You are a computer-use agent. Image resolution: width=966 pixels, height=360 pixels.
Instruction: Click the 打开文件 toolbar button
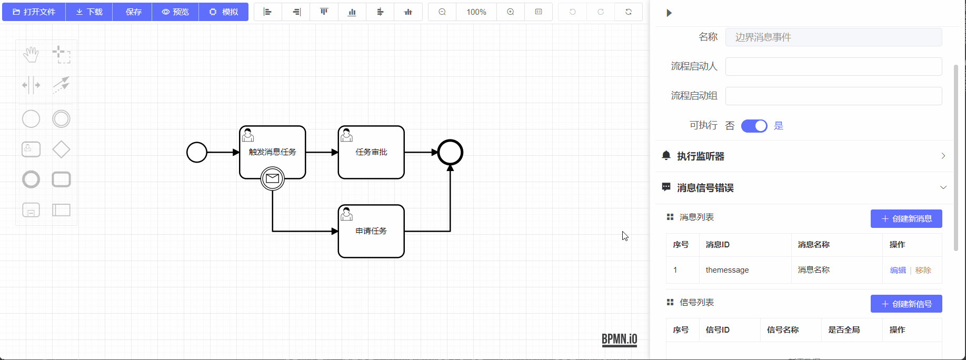[x=34, y=12]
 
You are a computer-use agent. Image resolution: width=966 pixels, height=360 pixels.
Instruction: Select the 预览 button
[x=175, y=12]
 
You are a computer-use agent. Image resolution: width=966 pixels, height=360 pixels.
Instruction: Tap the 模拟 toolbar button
[x=224, y=12]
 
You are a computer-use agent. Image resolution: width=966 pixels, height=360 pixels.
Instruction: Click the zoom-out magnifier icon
[x=442, y=12]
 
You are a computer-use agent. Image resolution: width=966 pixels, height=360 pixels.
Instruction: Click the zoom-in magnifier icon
[x=511, y=12]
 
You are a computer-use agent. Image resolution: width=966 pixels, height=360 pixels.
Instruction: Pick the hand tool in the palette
[x=31, y=55]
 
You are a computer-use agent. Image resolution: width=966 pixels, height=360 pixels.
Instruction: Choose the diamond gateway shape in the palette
[x=61, y=149]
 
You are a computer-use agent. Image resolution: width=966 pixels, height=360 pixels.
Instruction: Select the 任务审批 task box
[x=371, y=152]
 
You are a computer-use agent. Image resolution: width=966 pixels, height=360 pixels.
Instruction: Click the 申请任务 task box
[x=371, y=231]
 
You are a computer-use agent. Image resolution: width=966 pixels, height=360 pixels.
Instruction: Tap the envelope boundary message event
[x=273, y=178]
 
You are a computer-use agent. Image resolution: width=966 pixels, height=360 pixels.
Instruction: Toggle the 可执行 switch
[x=754, y=126]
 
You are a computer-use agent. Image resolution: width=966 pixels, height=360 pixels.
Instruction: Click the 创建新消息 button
[x=907, y=219]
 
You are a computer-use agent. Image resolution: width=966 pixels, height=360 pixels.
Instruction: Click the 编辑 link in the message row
[x=898, y=270]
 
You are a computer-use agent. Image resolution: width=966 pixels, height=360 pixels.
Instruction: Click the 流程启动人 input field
[x=834, y=66]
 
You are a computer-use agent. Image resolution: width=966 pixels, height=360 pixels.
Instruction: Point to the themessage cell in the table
[x=728, y=270]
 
